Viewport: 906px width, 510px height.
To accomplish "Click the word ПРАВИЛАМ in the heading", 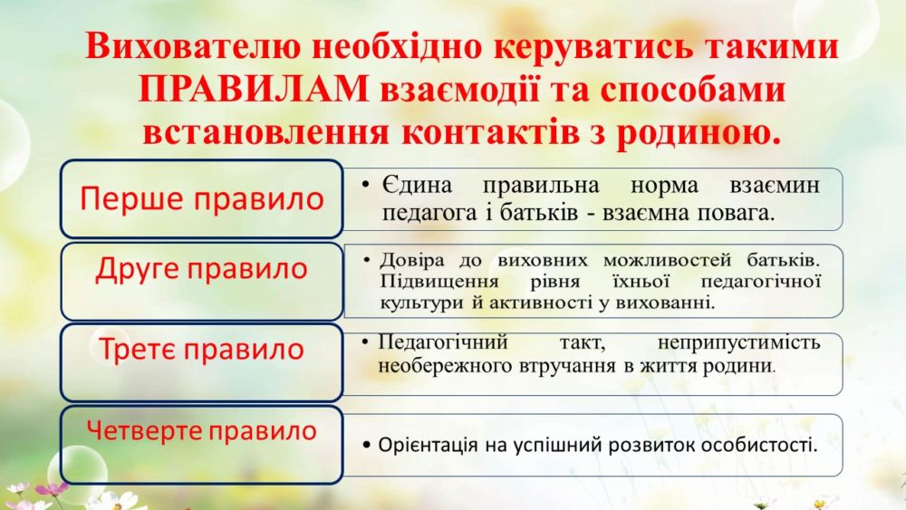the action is pos(254,90).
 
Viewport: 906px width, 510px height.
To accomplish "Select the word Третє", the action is pos(136,349).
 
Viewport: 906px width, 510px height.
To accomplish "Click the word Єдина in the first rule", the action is pos(417,186).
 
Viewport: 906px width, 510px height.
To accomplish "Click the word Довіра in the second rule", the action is pos(412,261).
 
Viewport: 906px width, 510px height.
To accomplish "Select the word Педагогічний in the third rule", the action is pos(443,342).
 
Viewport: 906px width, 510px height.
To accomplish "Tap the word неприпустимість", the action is pos(739,342).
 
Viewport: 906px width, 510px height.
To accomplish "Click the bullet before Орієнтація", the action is pos(366,446).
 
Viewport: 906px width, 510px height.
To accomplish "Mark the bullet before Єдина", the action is pos(365,185).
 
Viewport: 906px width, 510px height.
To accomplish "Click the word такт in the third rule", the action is pos(582,343).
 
